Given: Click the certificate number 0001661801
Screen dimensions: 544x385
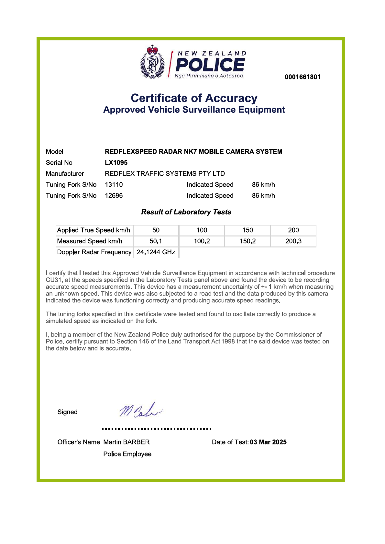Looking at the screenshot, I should [302, 77].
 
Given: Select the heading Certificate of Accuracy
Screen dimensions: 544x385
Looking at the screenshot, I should [194, 98].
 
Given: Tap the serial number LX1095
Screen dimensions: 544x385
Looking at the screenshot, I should [116, 162].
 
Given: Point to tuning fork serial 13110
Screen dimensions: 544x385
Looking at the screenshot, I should [114, 184].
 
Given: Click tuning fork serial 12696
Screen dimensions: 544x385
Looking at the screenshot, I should [114, 195].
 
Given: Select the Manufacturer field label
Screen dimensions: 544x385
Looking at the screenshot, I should [65, 173].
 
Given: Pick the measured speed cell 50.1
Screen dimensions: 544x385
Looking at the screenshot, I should [156, 241].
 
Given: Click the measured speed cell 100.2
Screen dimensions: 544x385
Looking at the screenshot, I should [202, 241].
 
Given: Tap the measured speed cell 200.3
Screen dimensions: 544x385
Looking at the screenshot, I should [293, 241].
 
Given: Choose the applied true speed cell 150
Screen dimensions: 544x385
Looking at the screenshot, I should [247, 230].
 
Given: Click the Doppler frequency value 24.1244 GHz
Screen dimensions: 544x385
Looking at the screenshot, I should [156, 252].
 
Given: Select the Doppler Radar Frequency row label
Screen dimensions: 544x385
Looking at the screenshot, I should [94, 252].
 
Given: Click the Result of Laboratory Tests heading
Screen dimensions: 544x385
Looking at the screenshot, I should [186, 212].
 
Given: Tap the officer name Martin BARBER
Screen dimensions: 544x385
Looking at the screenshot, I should [126, 442].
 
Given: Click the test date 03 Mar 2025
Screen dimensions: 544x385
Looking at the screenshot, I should [268, 442].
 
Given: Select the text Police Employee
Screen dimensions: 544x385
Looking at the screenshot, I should [127, 454].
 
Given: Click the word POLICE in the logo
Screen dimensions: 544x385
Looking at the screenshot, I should [210, 65].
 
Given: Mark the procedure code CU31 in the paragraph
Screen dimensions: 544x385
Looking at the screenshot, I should [53, 280].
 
